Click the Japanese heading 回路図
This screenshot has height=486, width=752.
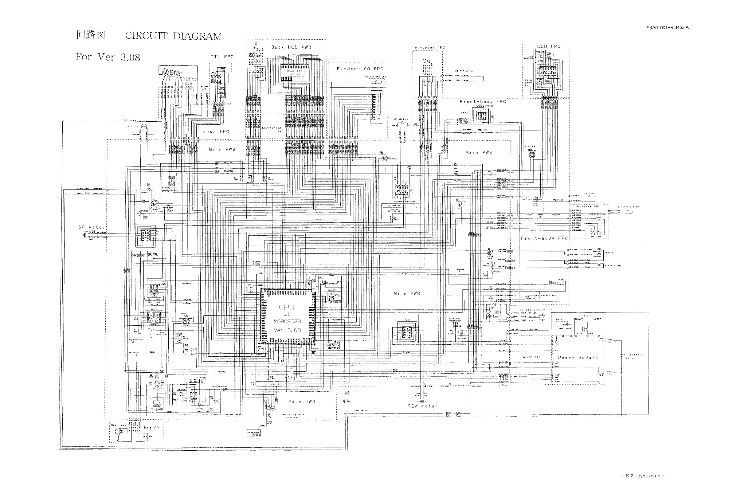90,35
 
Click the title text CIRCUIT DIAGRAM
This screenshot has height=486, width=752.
173,36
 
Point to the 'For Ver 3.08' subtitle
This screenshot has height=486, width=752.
108,57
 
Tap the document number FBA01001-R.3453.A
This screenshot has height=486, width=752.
667,27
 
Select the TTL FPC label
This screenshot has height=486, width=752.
222,57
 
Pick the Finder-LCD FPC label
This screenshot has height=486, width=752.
360,69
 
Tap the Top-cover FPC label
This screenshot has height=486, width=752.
428,47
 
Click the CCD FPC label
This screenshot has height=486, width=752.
549,46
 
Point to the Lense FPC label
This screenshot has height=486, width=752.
214,131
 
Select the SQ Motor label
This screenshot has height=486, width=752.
92,227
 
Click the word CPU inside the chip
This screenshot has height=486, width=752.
287,308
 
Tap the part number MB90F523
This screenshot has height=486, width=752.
287,322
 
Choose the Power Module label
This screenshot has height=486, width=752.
578,358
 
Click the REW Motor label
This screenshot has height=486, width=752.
423,406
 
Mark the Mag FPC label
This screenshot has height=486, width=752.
152,428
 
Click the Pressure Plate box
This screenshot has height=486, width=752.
254,433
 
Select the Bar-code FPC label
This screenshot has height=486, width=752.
587,206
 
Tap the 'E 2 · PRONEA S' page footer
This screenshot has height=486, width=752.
643,476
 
